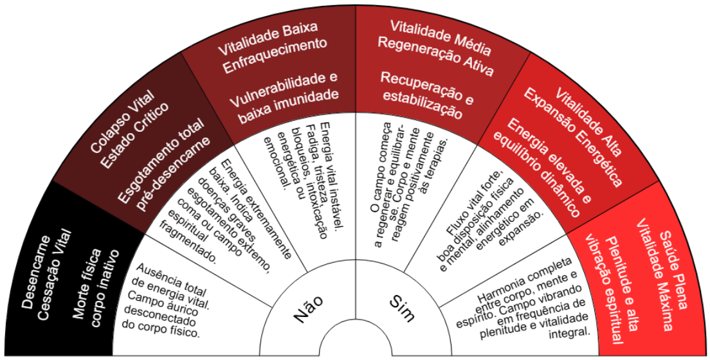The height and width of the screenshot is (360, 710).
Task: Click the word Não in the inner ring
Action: click(x=308, y=307)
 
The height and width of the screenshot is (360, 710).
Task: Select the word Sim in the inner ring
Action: click(x=403, y=307)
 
